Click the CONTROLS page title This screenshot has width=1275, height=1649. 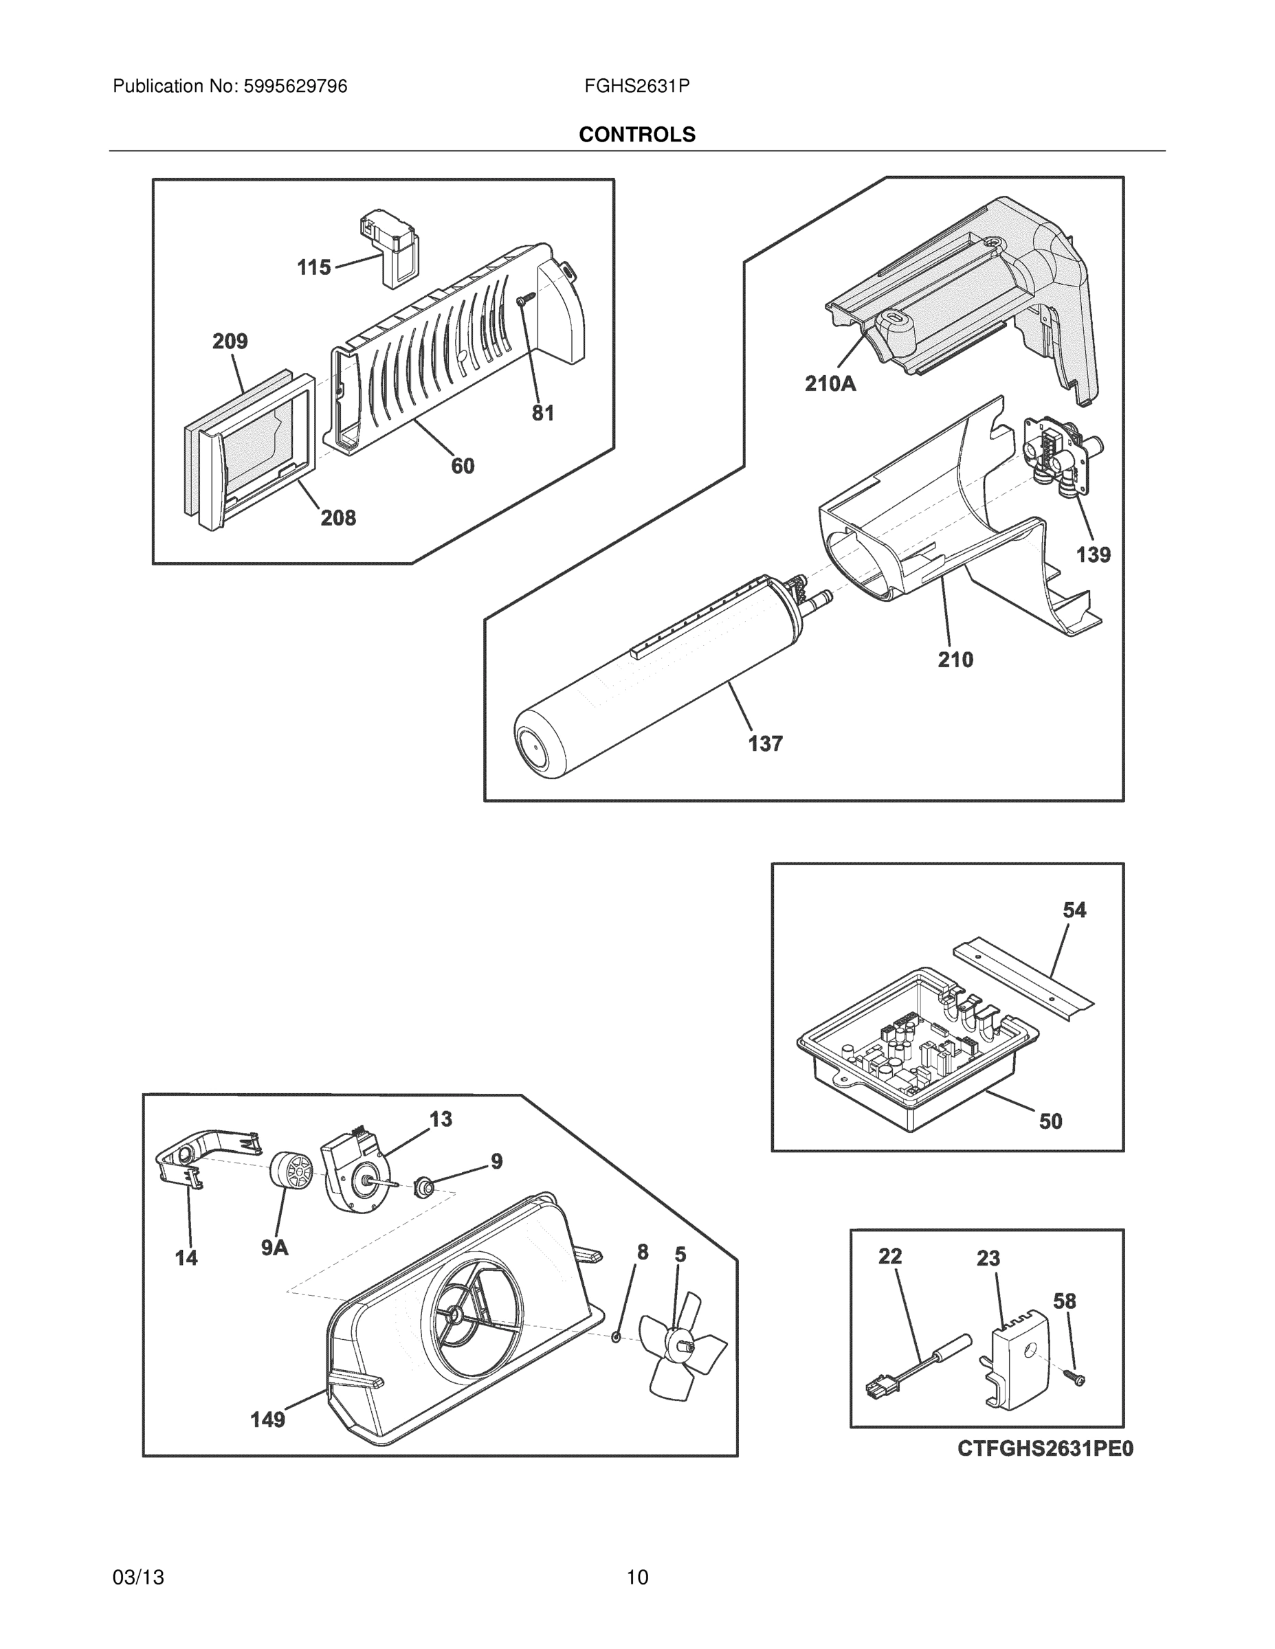(636, 135)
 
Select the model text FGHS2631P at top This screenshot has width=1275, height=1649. (636, 87)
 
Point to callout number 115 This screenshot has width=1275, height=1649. (313, 267)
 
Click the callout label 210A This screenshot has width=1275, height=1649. (830, 383)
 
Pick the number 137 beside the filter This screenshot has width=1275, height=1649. (765, 743)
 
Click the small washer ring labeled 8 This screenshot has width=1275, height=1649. (617, 1337)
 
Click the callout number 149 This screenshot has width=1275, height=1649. (267, 1420)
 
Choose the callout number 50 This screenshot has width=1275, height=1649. (1051, 1121)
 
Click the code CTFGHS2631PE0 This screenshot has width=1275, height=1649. (1045, 1449)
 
